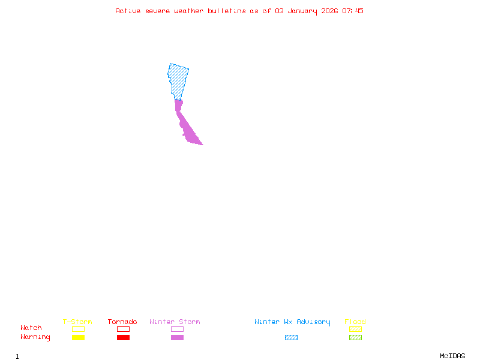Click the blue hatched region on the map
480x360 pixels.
point(178,79)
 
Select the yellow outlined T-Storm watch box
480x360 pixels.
point(78,329)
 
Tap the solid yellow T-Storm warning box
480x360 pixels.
point(78,337)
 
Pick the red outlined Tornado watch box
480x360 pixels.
point(123,329)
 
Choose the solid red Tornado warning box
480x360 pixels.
point(123,337)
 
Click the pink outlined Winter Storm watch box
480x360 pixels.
point(177,329)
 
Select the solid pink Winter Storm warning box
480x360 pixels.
point(177,337)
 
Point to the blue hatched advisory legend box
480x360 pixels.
point(291,337)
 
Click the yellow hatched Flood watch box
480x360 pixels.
point(355,329)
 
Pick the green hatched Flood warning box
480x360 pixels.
point(355,337)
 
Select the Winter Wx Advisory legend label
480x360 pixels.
point(292,322)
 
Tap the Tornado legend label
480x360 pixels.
point(122,322)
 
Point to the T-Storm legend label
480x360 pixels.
point(77,322)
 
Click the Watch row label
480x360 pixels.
point(31,328)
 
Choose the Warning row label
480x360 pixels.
point(35,337)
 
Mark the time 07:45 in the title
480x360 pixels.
point(353,11)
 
